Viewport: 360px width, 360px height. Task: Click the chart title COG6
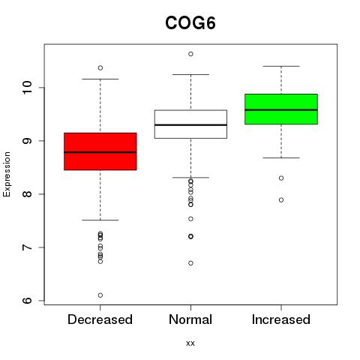(x=190, y=23)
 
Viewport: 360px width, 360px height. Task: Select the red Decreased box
(x=100, y=151)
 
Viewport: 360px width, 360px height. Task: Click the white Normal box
(x=190, y=124)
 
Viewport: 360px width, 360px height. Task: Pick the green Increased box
(x=281, y=109)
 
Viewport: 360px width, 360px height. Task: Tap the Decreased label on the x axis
(x=100, y=319)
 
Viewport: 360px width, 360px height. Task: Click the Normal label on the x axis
(x=190, y=319)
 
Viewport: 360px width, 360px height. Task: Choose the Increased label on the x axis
(x=281, y=319)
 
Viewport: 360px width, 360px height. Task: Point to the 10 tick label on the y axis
(x=28, y=88)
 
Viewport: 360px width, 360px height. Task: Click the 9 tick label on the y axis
(x=28, y=141)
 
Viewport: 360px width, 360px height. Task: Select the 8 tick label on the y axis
(x=28, y=194)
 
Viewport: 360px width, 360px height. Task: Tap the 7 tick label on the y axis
(x=28, y=247)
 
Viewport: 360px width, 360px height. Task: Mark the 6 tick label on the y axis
(x=28, y=301)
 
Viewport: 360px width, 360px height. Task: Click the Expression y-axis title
(x=7, y=174)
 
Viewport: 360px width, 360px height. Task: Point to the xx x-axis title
(x=190, y=343)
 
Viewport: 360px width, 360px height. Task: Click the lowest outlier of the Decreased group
(x=100, y=295)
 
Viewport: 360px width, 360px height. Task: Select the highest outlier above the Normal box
(x=190, y=54)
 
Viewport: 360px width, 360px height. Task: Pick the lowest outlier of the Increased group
(x=281, y=200)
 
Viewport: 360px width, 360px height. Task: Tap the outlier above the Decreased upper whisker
(x=100, y=67)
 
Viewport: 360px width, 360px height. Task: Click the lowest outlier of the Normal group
(x=190, y=263)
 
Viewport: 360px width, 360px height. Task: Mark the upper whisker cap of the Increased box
(x=281, y=66)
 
